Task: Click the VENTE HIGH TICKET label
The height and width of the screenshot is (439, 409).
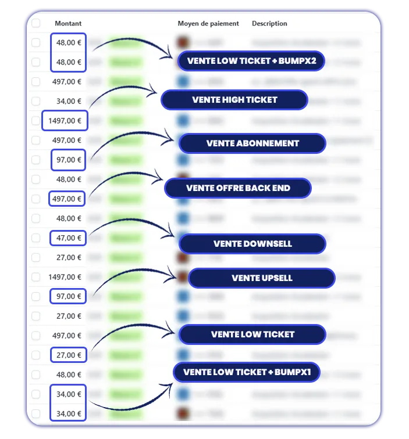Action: click(234, 100)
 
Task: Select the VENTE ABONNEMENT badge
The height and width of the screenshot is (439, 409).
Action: click(252, 143)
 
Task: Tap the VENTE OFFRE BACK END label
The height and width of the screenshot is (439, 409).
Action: click(238, 188)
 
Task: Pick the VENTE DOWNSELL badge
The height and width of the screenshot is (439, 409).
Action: click(252, 244)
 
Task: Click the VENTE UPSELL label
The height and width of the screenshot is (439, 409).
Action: click(261, 278)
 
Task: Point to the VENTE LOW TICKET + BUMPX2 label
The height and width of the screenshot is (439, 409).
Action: click(251, 61)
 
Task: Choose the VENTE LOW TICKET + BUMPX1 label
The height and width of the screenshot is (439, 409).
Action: click(247, 372)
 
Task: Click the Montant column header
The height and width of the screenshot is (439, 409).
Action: click(68, 23)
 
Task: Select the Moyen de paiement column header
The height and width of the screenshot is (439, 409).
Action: click(208, 23)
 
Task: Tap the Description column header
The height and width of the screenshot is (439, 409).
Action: click(269, 23)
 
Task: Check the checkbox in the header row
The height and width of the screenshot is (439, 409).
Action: click(36, 23)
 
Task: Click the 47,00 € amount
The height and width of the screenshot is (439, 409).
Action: click(69, 238)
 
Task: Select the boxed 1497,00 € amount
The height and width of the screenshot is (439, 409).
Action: click(65, 121)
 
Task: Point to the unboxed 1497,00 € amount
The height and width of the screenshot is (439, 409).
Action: click(65, 277)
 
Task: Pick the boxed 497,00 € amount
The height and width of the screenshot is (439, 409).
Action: click(67, 199)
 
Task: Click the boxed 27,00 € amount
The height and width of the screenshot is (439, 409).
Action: click(69, 355)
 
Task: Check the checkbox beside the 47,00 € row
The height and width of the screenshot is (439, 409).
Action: click(36, 238)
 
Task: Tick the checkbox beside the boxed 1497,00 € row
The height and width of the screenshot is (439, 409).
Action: click(36, 121)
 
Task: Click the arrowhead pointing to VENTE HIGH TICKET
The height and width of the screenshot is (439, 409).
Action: click(154, 90)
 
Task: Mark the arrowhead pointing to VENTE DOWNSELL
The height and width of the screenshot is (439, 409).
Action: click(172, 234)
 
